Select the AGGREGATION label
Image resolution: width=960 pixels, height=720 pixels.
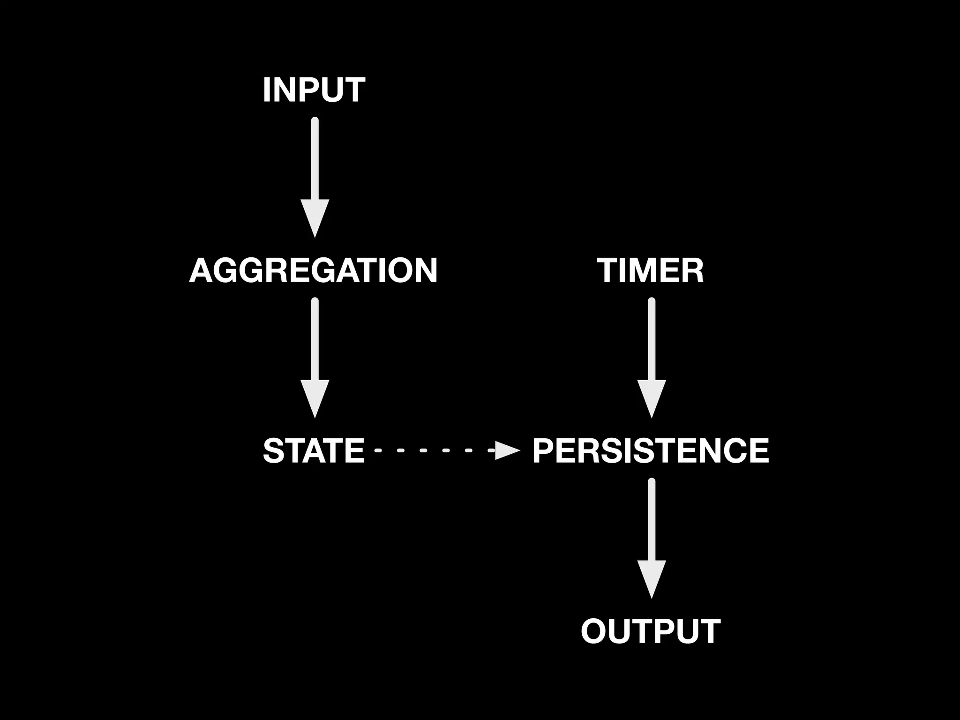(313, 270)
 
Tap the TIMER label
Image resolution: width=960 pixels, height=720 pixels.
(650, 270)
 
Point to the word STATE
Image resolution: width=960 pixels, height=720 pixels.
(314, 450)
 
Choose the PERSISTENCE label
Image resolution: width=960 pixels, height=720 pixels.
(651, 450)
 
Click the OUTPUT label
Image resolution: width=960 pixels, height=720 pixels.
(651, 631)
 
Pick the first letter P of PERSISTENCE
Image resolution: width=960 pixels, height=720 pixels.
(543, 450)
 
